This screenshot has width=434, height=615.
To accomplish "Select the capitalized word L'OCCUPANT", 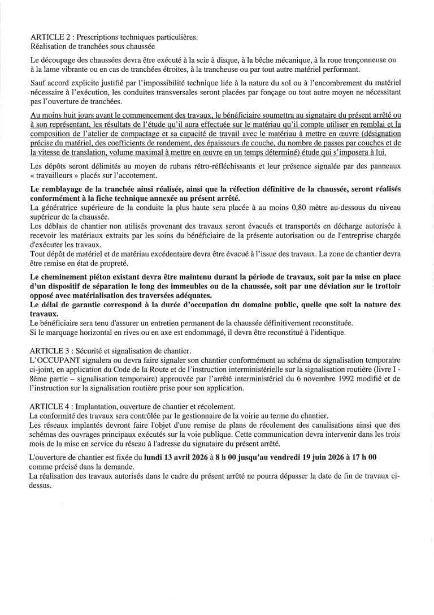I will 51,360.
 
